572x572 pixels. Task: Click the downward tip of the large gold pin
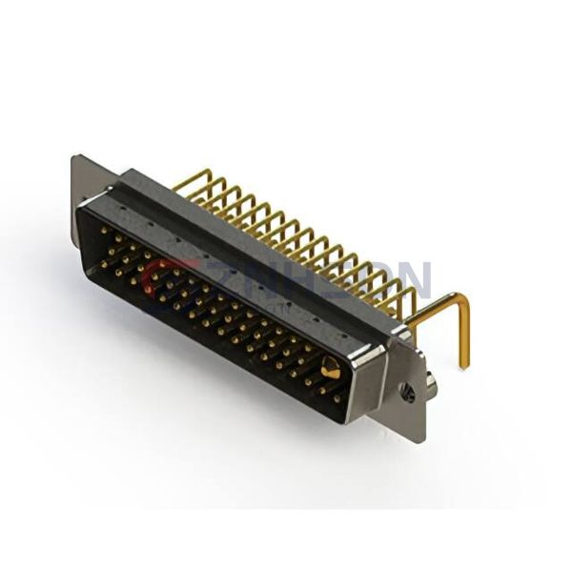tap(466, 365)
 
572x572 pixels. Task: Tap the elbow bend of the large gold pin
tap(461, 300)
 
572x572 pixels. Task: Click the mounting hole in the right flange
tap(407, 391)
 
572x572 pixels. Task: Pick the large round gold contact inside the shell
tap(330, 369)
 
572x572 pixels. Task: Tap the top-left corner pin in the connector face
tap(104, 230)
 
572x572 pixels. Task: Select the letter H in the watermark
tap(286, 279)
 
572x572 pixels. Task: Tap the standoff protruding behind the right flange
tap(431, 384)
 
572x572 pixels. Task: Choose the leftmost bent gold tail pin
tap(187, 182)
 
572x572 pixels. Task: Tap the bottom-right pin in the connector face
tap(335, 398)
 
